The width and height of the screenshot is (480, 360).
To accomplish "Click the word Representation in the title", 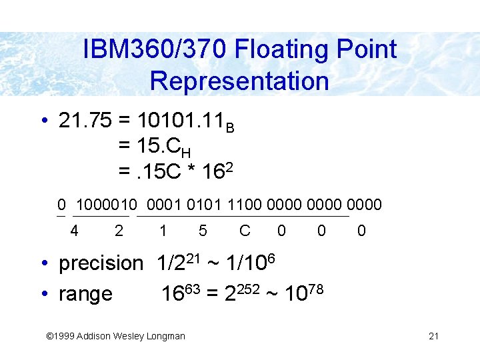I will coord(239,81).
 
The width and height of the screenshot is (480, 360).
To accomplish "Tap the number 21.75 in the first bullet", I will coord(85,121).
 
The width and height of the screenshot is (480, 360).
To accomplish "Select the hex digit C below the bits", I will coord(245,231).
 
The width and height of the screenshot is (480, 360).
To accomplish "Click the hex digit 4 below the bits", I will coord(75,231).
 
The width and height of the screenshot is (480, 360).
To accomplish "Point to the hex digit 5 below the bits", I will coord(203,231).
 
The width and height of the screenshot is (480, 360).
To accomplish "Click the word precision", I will coord(101,263).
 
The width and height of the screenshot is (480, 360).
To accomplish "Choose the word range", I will coord(85,293).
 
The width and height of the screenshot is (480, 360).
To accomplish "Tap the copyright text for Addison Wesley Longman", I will coord(114,336).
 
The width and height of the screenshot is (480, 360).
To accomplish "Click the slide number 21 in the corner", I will coord(433,336).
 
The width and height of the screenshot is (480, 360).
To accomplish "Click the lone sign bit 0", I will coord(61,205).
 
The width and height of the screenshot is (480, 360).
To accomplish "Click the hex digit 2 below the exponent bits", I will coord(119,231).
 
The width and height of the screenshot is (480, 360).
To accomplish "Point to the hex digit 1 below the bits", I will coord(163,231).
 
